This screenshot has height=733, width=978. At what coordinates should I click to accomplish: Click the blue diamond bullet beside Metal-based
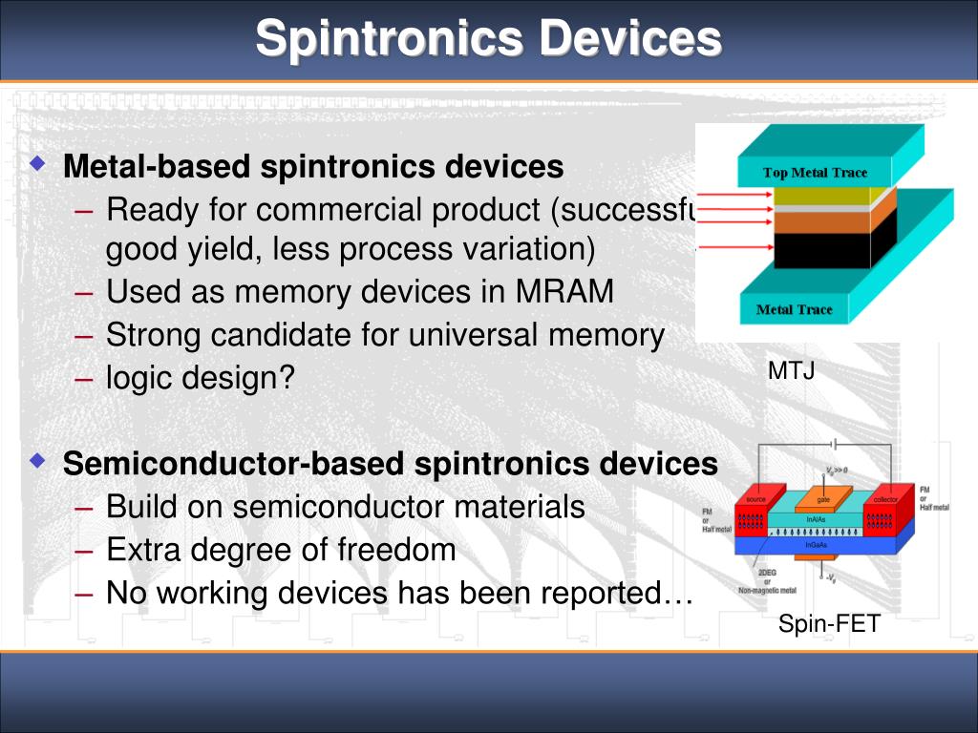(37, 164)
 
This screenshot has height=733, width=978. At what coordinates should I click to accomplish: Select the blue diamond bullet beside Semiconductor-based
(37, 461)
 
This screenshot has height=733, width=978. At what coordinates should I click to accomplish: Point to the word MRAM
(564, 292)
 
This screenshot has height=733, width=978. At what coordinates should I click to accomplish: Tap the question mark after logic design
(288, 379)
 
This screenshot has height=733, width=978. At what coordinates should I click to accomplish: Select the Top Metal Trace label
(815, 173)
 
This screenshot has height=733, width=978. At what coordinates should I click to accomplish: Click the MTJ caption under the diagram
(791, 371)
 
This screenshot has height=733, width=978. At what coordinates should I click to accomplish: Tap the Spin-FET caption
(828, 625)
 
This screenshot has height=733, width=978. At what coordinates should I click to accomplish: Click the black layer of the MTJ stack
(821, 250)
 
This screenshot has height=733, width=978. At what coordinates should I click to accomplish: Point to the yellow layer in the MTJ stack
(821, 197)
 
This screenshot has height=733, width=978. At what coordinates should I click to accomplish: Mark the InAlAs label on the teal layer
(815, 519)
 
